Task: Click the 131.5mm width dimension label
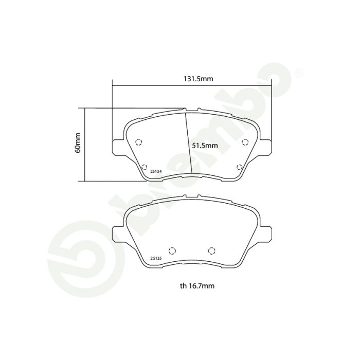[x=198, y=79]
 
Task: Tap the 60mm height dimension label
[x=78, y=143]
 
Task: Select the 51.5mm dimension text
[x=205, y=146]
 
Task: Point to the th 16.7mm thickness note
[x=197, y=285]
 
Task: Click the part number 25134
[x=156, y=171]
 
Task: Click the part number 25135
[x=156, y=258]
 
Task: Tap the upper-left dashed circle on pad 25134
[x=138, y=142]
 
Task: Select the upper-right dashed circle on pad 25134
[x=245, y=142]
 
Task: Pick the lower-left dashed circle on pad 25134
[x=144, y=167]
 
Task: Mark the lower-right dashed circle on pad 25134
[x=240, y=167]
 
